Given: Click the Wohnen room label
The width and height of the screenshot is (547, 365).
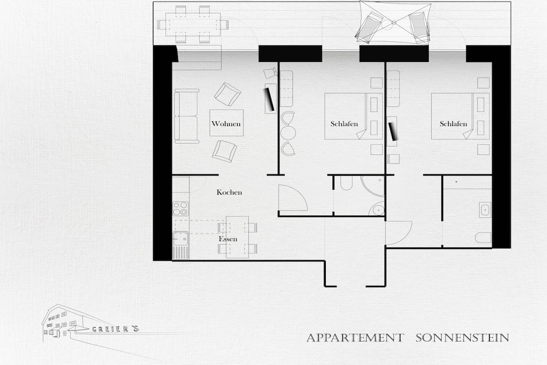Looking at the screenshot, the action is click(x=226, y=123).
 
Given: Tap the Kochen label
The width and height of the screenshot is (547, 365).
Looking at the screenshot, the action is click(x=229, y=192).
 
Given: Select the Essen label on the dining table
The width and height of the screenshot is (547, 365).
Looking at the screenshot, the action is click(x=228, y=239).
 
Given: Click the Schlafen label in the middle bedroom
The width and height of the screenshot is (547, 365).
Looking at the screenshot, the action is click(x=344, y=123).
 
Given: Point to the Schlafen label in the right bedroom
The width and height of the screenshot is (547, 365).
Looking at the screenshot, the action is click(x=453, y=123).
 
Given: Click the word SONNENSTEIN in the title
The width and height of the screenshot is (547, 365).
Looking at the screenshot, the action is click(x=462, y=338).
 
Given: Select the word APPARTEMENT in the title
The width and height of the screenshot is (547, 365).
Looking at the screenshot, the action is click(x=355, y=338).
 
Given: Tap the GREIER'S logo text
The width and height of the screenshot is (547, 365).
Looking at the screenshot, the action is click(x=115, y=329).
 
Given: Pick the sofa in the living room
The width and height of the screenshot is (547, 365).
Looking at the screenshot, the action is click(x=186, y=116).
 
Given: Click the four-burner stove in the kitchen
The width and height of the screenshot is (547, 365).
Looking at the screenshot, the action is click(x=181, y=208).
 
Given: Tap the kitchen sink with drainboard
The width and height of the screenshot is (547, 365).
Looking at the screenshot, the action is click(x=181, y=246).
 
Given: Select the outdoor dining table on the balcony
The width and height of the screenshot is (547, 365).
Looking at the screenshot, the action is click(x=193, y=25).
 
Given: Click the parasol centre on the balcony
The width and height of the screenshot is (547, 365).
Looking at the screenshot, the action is click(x=394, y=22).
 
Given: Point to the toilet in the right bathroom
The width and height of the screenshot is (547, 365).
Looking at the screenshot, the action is click(x=483, y=238).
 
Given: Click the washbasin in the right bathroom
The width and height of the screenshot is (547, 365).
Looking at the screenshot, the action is click(x=485, y=209).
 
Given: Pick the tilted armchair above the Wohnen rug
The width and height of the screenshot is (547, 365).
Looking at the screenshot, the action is click(x=228, y=94).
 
